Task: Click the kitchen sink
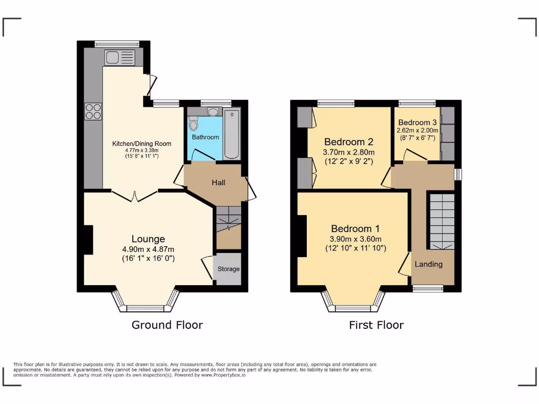click(x=119, y=57)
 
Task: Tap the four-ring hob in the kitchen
click(x=93, y=111)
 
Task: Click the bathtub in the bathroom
click(x=232, y=134)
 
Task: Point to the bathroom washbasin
click(x=213, y=112)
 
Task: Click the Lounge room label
click(x=148, y=239)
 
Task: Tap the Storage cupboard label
click(x=229, y=269)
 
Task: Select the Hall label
click(x=218, y=183)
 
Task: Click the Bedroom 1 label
click(x=355, y=229)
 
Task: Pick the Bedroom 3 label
click(x=417, y=123)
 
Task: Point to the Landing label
click(x=428, y=264)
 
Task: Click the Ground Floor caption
click(x=167, y=325)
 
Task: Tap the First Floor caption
click(x=376, y=325)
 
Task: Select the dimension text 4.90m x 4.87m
click(x=148, y=249)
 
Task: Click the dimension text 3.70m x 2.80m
click(x=348, y=152)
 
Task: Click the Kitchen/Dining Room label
click(x=142, y=144)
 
